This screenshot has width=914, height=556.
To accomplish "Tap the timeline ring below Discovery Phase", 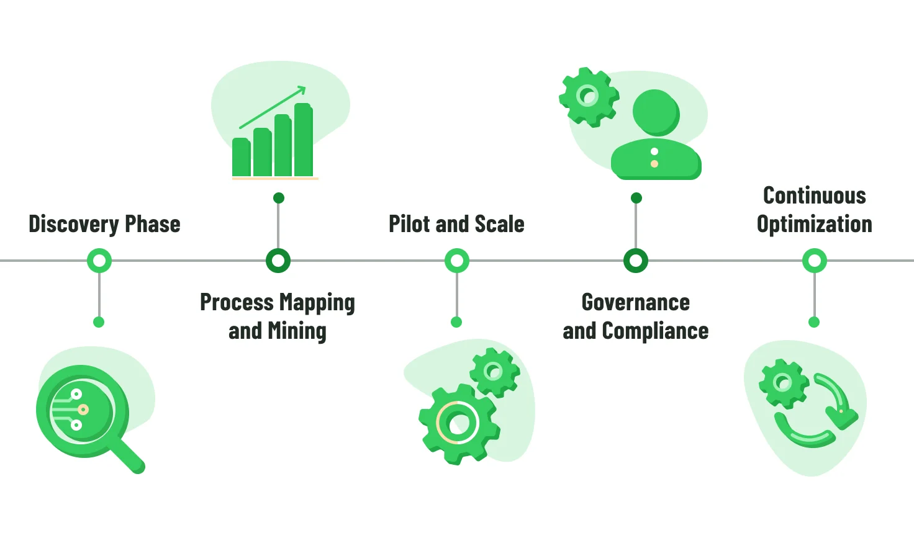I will point(99,261).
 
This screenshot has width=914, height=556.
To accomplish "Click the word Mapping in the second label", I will point(317,303).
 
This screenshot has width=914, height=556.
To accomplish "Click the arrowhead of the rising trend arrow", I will point(302,90).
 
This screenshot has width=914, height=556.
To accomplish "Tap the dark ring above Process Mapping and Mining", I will point(278,261).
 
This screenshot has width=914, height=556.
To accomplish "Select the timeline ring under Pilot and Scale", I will point(457,261).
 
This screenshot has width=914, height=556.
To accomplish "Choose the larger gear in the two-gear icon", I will point(458,424).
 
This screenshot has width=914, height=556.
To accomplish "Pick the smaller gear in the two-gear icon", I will point(494,372).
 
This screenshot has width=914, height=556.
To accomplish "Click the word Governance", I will point(635,303).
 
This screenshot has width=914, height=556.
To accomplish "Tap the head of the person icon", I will point(656,113).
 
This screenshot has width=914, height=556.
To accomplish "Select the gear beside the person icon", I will point(588,97).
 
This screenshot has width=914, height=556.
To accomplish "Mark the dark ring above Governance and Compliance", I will point(636,261).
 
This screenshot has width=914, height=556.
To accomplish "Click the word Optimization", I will point(814,225).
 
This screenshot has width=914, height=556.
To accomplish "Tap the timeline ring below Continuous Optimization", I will point(815,261).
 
